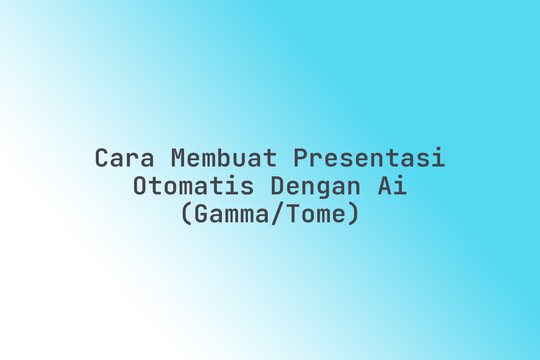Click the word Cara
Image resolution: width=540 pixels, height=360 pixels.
click(x=124, y=158)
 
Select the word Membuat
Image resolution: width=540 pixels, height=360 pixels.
click(x=224, y=157)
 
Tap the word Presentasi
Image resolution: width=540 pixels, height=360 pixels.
click(x=369, y=157)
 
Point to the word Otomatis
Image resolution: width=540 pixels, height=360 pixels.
click(x=193, y=185)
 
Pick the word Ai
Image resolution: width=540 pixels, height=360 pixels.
click(x=392, y=185)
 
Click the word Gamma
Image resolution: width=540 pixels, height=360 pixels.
click(x=231, y=213)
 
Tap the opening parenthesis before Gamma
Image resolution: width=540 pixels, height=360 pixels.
click(x=187, y=214)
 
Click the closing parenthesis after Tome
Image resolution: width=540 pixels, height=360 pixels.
click(x=353, y=214)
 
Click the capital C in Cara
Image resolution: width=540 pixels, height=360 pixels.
click(x=101, y=158)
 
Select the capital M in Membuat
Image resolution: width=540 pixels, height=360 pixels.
click(x=178, y=158)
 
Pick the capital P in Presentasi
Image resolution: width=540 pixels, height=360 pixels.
click(x=300, y=158)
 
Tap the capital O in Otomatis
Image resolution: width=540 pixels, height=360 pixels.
click(x=139, y=185)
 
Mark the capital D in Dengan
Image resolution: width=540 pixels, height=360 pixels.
click(x=278, y=185)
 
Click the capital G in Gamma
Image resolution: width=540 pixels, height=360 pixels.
click(x=200, y=213)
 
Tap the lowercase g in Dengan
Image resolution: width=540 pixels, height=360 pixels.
click(x=323, y=190)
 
